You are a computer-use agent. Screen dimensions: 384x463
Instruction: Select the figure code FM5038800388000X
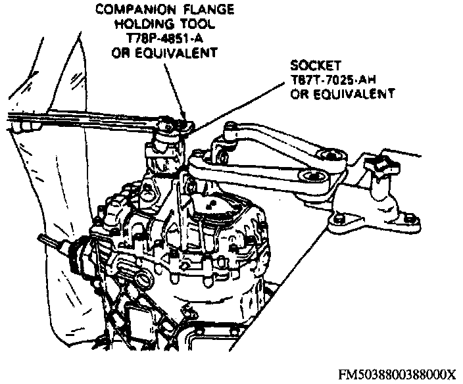coord(397,373)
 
